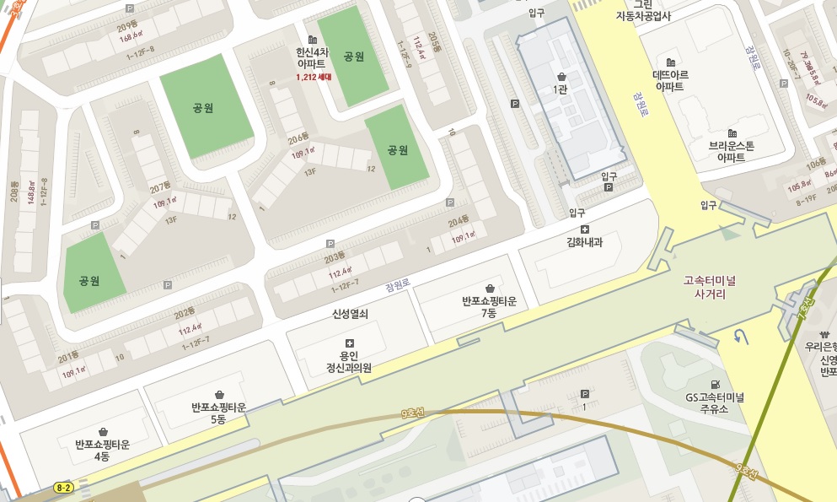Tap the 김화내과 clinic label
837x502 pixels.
point(585,243)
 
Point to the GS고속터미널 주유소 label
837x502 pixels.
point(716,404)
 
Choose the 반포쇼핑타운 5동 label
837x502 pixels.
point(219,413)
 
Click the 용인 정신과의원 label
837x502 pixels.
point(349,362)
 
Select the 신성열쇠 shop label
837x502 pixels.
point(350,314)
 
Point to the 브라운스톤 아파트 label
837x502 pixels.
point(732,151)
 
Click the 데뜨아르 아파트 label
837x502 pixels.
point(671,80)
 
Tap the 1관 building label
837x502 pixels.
point(561,89)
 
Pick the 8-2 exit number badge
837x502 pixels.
point(63,488)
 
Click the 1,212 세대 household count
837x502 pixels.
point(314,77)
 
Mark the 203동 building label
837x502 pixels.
point(335,256)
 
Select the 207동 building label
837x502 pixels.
point(160,186)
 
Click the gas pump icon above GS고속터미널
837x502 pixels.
point(716,384)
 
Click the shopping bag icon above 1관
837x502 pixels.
point(561,76)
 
